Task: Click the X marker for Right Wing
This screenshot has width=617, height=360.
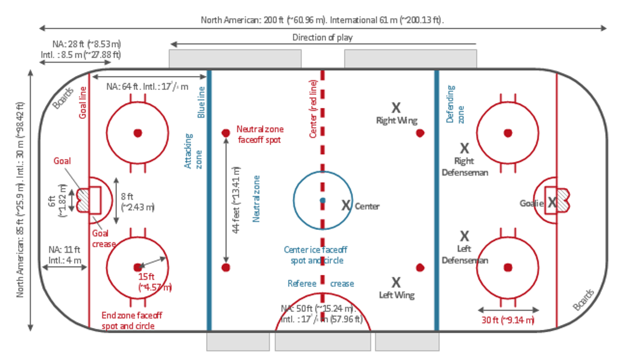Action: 396,108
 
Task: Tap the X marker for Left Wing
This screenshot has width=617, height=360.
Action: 396,282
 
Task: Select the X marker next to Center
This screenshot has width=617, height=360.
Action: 346,205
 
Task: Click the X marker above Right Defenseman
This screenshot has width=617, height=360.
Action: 465,148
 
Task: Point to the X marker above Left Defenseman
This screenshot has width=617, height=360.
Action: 465,236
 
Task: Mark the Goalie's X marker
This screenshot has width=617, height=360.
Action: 551,203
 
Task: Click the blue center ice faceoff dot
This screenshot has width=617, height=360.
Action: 323,200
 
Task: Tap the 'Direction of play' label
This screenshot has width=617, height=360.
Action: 322,37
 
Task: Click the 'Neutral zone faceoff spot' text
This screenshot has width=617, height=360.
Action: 259,134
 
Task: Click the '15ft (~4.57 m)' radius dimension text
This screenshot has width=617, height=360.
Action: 155,282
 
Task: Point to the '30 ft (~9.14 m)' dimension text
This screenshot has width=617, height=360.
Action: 508,320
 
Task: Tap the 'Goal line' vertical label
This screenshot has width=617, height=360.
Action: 83,102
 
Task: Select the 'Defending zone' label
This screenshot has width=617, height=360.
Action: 456,104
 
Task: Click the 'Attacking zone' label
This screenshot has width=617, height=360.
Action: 193,151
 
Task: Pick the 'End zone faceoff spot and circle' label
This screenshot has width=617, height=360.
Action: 131,320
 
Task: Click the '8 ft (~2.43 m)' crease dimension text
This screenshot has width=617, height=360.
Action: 137,201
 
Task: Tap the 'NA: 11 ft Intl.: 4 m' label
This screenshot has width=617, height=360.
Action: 64,255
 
